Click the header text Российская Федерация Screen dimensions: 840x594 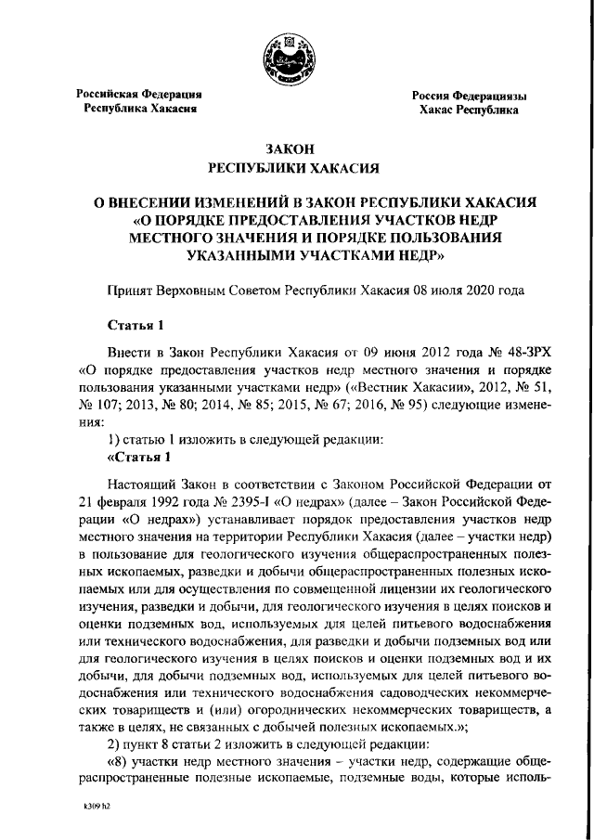click(139, 95)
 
